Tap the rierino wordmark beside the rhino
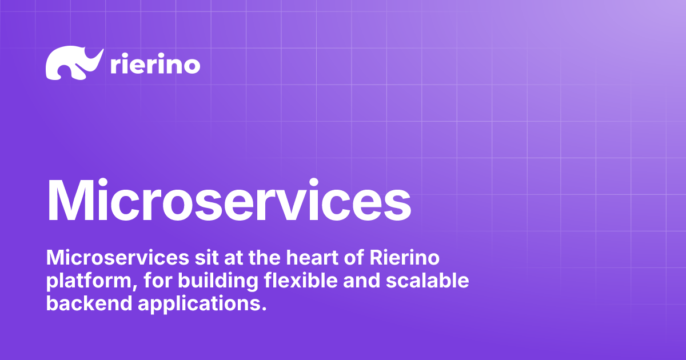coord(154,65)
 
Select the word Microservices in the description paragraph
coord(115,258)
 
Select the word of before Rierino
coord(351,258)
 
